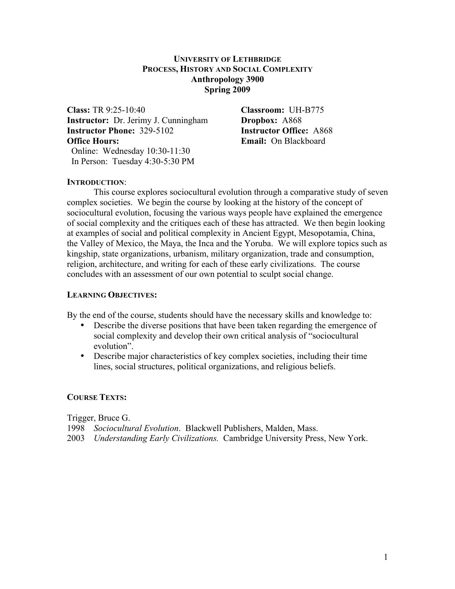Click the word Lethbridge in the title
[x=257, y=59]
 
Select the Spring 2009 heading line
[x=227, y=90]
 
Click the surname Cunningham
[x=184, y=120]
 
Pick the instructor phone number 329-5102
[x=156, y=131]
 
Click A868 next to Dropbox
[x=292, y=120]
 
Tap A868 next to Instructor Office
[x=323, y=131]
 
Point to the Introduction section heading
[x=95, y=182]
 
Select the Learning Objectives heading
[x=112, y=295]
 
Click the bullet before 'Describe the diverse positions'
[x=83, y=325]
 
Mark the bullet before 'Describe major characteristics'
[x=83, y=356]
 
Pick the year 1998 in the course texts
[x=76, y=428]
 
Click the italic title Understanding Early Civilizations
[x=156, y=438]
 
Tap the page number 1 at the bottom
[x=386, y=557]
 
